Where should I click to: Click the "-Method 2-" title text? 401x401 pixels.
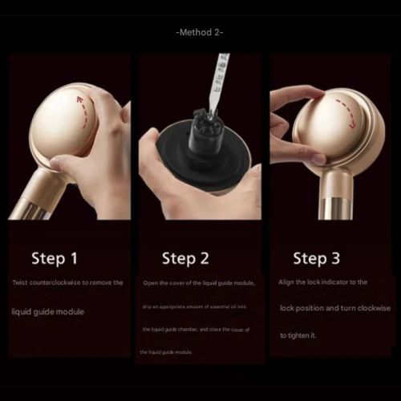click(x=199, y=32)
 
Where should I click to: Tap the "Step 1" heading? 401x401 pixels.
click(x=55, y=258)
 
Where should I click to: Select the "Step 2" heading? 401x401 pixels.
click(x=185, y=258)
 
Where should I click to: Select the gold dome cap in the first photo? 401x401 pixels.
click(x=64, y=128)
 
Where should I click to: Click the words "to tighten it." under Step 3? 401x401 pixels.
click(x=298, y=335)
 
